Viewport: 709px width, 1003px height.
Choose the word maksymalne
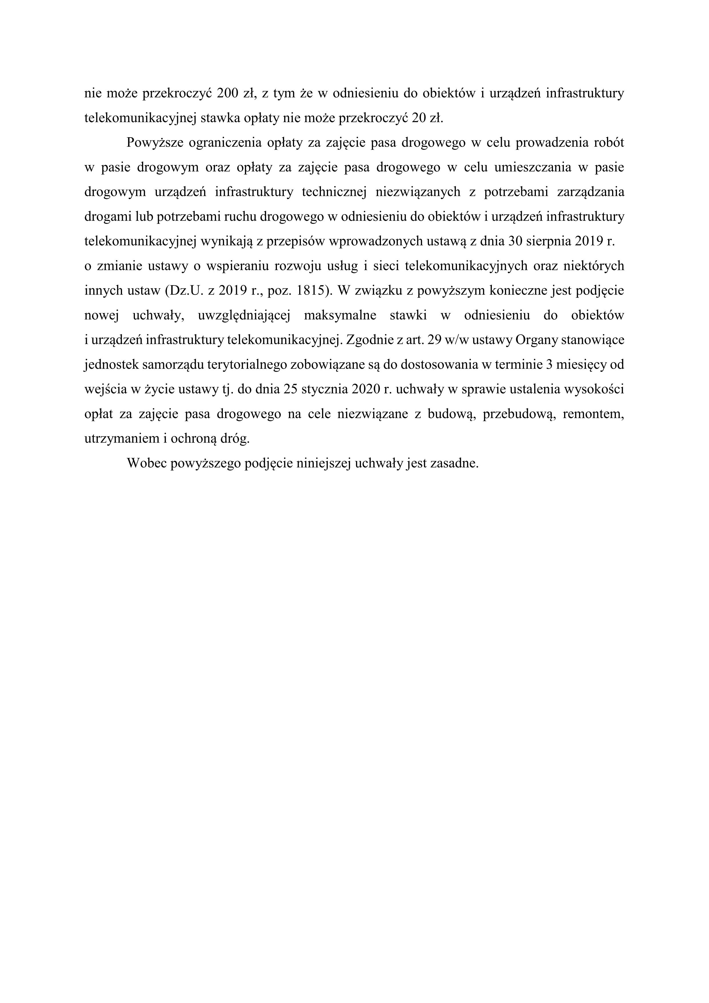pos(340,316)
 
